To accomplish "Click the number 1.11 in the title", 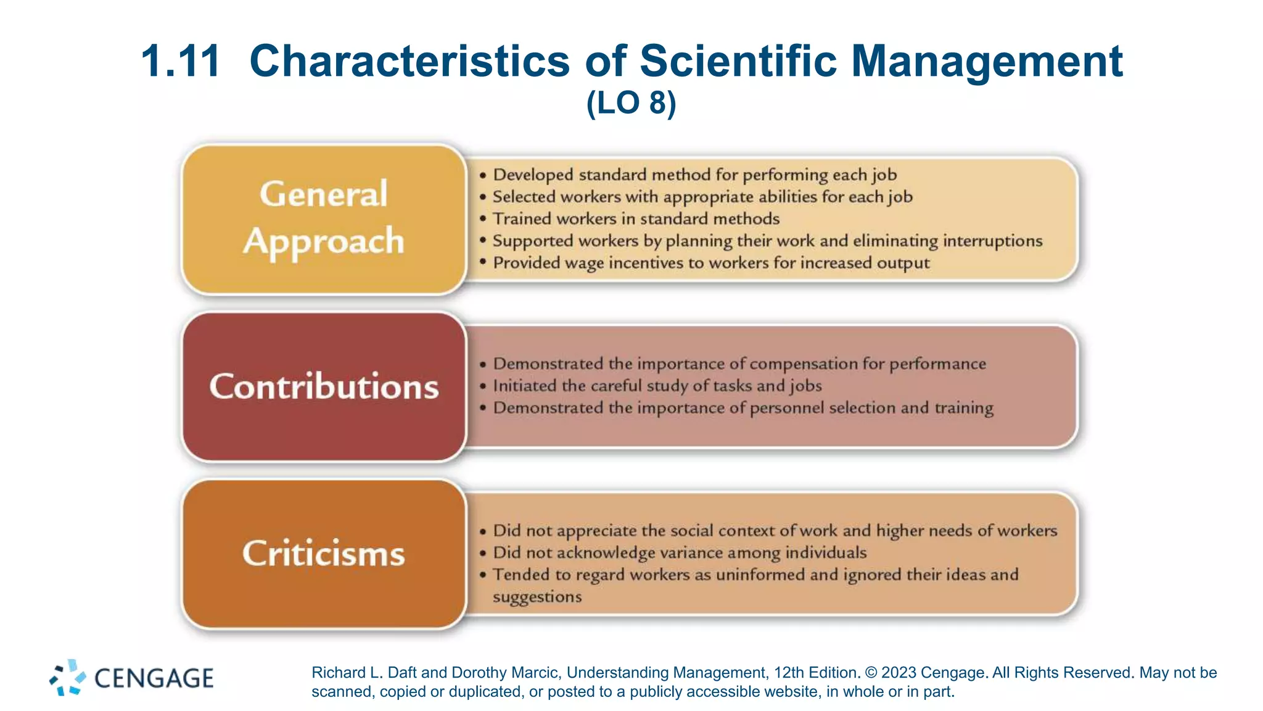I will [x=180, y=62].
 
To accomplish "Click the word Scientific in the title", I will [x=738, y=62].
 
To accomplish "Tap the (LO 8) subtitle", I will [x=631, y=103].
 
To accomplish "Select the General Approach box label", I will [x=324, y=217].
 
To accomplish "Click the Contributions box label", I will [x=324, y=387].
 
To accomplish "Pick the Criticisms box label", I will [x=324, y=554].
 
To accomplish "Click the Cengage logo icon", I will [x=67, y=677].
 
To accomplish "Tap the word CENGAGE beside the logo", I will [x=154, y=678].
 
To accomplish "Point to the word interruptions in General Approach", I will [x=992, y=241].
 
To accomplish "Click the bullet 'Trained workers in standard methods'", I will [x=635, y=219].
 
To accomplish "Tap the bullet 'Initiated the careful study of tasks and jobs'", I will [x=657, y=386].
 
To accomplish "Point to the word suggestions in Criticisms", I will [x=537, y=597].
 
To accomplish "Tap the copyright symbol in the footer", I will [x=870, y=673].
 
